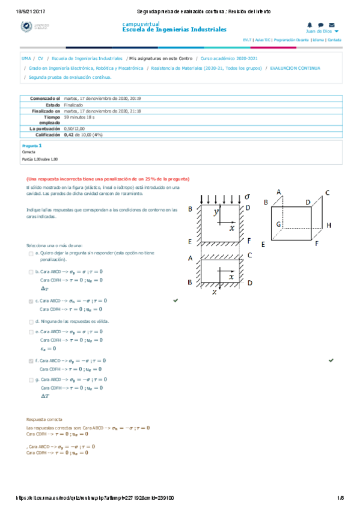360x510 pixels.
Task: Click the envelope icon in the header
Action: tap(331, 25)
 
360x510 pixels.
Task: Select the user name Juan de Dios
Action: tap(319, 31)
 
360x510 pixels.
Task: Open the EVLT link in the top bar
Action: tap(246, 40)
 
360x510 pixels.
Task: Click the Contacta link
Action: tap(334, 40)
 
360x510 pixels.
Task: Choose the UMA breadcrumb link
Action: tap(26, 59)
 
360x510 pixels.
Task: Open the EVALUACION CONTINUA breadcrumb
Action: tap(295, 69)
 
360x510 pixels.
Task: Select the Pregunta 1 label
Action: tap(32, 146)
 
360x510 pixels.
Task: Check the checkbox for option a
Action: tap(31, 254)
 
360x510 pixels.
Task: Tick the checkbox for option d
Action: tap(31, 322)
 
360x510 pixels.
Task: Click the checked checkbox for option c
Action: tap(31, 301)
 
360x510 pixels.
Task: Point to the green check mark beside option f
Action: tap(331, 360)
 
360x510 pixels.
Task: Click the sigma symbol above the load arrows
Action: tap(246, 196)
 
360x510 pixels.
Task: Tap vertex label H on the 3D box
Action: tap(329, 224)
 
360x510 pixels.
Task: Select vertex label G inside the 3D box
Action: tap(279, 224)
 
